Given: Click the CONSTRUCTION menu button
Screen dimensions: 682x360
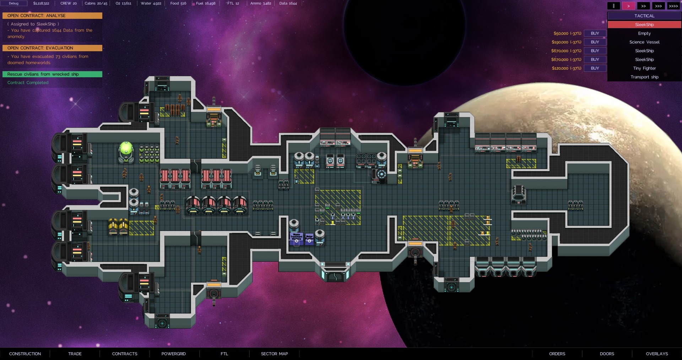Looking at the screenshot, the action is click(x=25, y=354).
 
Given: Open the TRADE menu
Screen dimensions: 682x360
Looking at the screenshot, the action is click(x=75, y=354).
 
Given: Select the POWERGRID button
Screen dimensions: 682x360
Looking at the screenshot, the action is click(x=173, y=354).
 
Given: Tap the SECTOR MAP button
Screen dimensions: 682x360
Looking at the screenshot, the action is click(x=274, y=354).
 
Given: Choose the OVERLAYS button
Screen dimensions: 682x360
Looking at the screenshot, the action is click(x=657, y=354).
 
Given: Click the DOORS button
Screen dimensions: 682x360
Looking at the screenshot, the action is click(x=607, y=354).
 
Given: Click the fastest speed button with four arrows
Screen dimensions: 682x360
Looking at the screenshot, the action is click(x=673, y=6).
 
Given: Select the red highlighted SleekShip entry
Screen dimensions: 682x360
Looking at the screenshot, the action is click(x=644, y=24).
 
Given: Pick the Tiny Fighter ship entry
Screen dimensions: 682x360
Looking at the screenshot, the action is click(x=644, y=68).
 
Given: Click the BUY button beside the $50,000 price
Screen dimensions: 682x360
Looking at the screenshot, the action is click(x=595, y=33).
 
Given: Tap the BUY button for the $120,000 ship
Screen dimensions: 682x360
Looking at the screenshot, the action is click(x=595, y=68).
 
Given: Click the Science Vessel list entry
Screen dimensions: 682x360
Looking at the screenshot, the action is click(x=644, y=42).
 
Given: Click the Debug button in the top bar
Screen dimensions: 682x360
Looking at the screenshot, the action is click(x=13, y=4).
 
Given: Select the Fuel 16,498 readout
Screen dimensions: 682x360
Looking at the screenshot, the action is click(x=206, y=4).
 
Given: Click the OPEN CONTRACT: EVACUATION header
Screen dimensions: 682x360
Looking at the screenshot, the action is click(x=52, y=48).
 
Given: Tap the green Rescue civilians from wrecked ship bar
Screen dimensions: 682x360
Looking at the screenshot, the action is click(x=52, y=74).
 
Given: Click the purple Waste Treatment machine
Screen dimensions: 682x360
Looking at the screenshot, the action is click(x=296, y=238).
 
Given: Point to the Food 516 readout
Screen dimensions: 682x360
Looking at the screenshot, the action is click(x=178, y=4).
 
